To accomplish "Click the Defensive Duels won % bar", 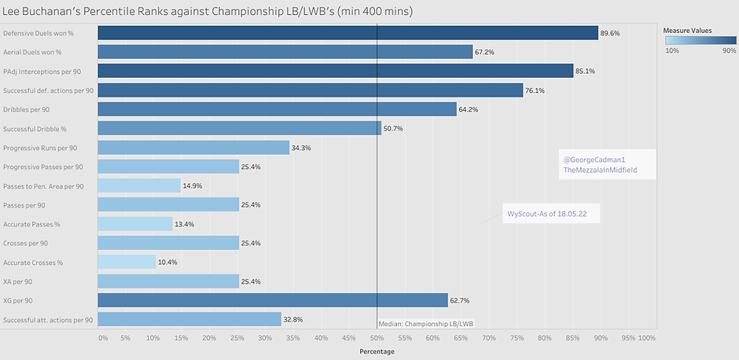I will tap(347, 33).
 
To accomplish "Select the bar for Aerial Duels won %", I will tap(285, 52).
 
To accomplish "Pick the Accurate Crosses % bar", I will tap(127, 262).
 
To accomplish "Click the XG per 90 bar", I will tap(272, 300).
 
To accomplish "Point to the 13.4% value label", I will tap(185, 224).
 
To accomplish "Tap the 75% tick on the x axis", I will tap(517, 338).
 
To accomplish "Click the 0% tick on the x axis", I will tap(102, 338).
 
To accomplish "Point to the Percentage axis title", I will tap(376, 351).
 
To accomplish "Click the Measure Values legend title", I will tap(688, 31).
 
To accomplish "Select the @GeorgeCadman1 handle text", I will tap(594, 160).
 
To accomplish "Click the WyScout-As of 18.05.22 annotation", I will tap(550, 213).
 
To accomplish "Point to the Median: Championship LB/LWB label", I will tap(426, 323).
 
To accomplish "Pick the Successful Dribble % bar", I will tap(239, 128).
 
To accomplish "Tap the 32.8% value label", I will tap(292, 320).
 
